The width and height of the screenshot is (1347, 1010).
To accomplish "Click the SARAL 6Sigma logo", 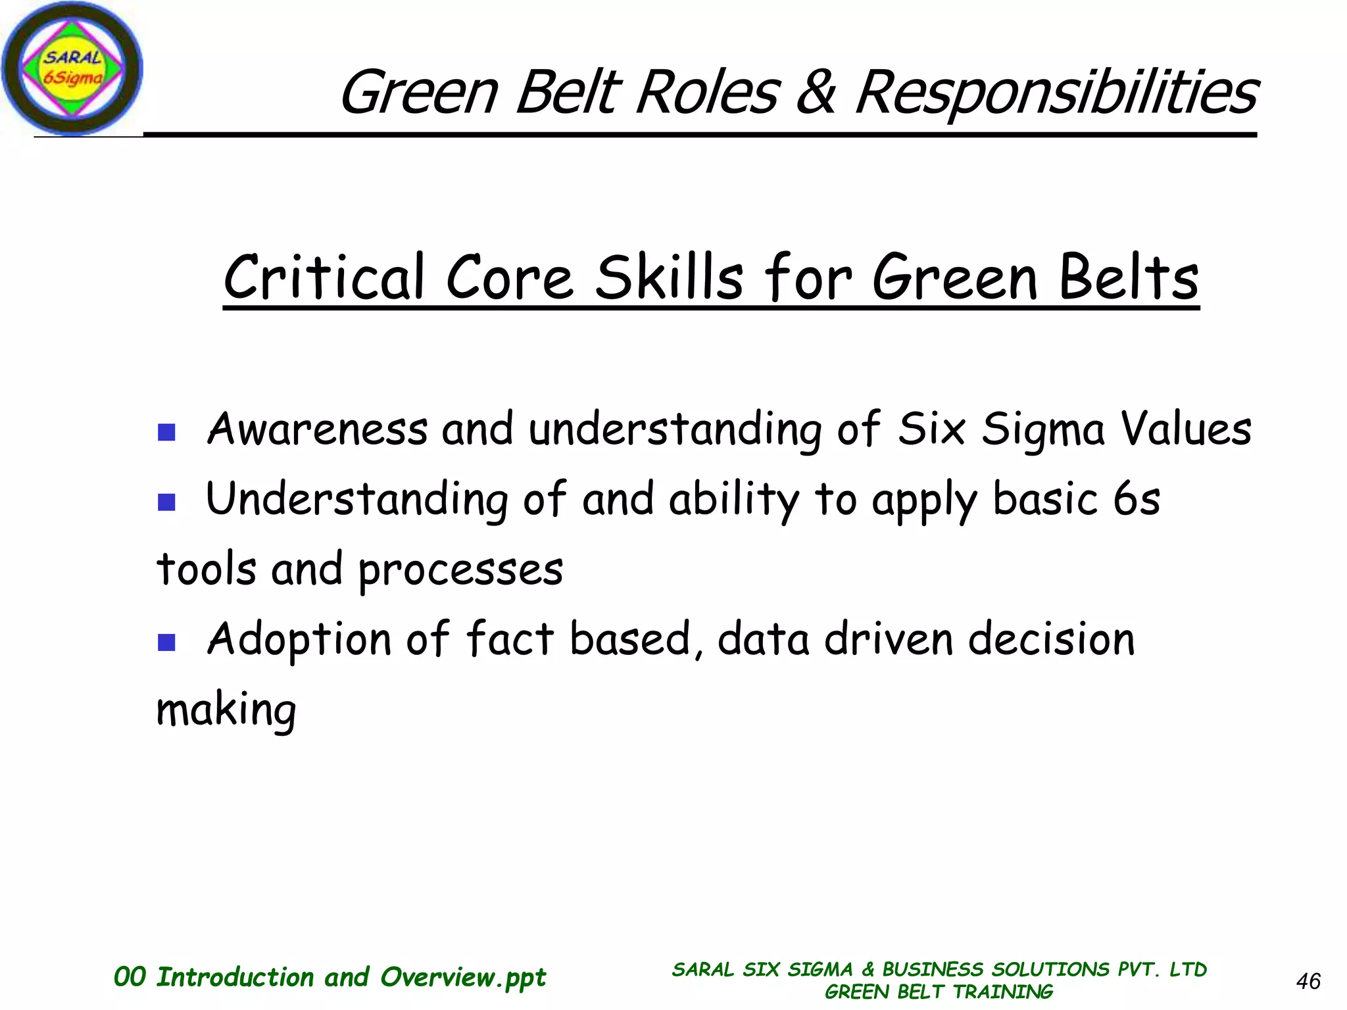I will [71, 68].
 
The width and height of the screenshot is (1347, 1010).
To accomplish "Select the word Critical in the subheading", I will [324, 277].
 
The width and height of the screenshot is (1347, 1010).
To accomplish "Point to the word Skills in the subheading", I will [669, 277].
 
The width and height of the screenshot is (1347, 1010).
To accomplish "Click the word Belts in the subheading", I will [1129, 277].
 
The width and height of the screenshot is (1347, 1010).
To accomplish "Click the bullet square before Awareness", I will [166, 432].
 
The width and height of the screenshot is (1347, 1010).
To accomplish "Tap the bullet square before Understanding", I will [166, 502].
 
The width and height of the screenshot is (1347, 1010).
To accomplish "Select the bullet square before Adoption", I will [166, 642].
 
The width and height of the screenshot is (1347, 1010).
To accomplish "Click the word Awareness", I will [317, 429].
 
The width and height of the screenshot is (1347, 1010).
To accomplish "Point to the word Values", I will [1185, 429].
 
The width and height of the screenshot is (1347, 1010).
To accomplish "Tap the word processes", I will [460, 569].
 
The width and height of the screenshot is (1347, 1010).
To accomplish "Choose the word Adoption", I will [299, 639].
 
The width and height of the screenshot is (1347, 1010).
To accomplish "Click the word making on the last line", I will [226, 710].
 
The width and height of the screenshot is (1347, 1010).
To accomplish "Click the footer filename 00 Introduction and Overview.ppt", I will [330, 977].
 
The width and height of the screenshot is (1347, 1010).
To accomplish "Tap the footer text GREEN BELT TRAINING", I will [939, 992].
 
